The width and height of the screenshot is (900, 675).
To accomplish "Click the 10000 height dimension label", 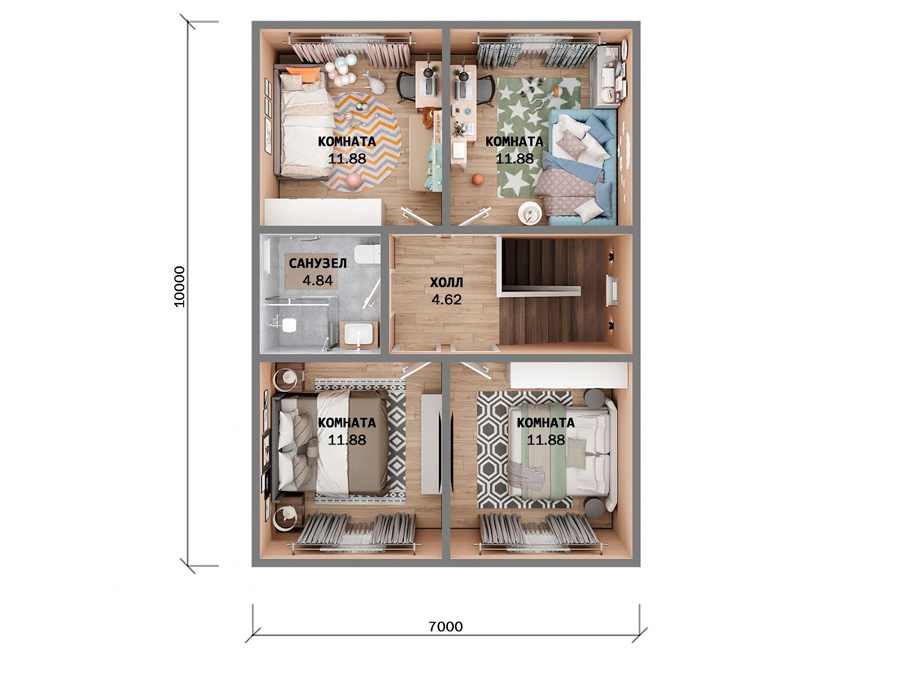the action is (180, 286).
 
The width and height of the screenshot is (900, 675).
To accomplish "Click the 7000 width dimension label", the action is (445, 626).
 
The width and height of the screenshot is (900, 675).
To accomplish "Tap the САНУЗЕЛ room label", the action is (317, 263).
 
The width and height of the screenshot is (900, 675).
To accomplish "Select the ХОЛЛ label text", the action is (446, 282).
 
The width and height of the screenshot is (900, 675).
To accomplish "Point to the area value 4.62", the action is (447, 300).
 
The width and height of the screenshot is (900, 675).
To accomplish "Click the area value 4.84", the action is (317, 281).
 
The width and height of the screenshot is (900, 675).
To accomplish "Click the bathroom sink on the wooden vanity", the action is (360, 334).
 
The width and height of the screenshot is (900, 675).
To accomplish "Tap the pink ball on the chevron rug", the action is (354, 180).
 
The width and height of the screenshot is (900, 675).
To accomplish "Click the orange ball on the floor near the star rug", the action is (478, 180).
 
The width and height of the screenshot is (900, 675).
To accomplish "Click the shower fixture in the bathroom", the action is (285, 324).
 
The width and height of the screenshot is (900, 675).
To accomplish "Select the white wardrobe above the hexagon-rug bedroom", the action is (568, 375).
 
